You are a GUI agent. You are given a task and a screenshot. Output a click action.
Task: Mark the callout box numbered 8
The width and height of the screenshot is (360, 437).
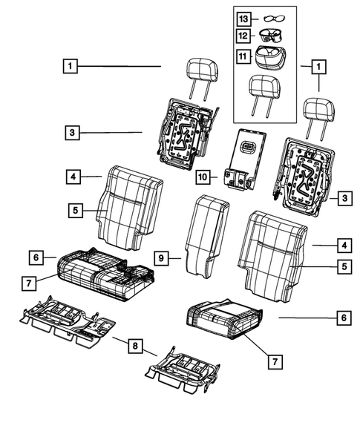134,344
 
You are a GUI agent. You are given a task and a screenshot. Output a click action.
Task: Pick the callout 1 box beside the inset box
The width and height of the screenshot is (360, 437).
319,67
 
